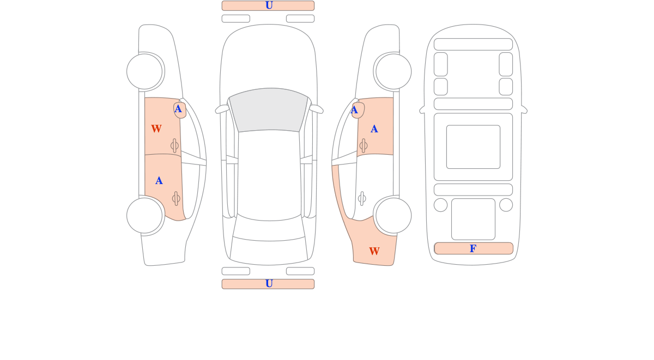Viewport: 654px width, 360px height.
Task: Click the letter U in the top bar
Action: [269, 5]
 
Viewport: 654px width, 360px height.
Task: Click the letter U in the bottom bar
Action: [269, 283]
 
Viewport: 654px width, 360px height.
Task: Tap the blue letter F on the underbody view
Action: [473, 248]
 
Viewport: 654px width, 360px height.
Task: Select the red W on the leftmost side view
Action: [156, 129]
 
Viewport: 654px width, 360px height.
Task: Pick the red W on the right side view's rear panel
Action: [374, 251]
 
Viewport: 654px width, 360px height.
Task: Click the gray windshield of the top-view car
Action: [269, 109]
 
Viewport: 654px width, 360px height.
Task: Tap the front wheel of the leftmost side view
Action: [144, 71]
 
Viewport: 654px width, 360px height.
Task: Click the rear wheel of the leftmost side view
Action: [144, 216]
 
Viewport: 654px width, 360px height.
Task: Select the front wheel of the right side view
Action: [393, 71]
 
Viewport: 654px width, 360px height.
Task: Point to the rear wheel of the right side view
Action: [393, 216]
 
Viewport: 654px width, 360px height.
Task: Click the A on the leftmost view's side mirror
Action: [178, 109]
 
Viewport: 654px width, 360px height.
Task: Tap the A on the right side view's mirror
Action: [354, 110]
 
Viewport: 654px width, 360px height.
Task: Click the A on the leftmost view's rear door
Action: [159, 181]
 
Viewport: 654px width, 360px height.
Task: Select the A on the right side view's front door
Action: [374, 129]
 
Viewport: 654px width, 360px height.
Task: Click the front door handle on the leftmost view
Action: [174, 145]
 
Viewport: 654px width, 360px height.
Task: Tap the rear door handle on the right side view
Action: [362, 199]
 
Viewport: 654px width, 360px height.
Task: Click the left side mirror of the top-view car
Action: [222, 109]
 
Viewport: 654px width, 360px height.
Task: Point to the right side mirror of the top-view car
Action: [316, 109]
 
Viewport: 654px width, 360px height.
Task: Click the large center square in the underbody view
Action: [473, 147]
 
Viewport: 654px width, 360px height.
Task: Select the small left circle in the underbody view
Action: [440, 205]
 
